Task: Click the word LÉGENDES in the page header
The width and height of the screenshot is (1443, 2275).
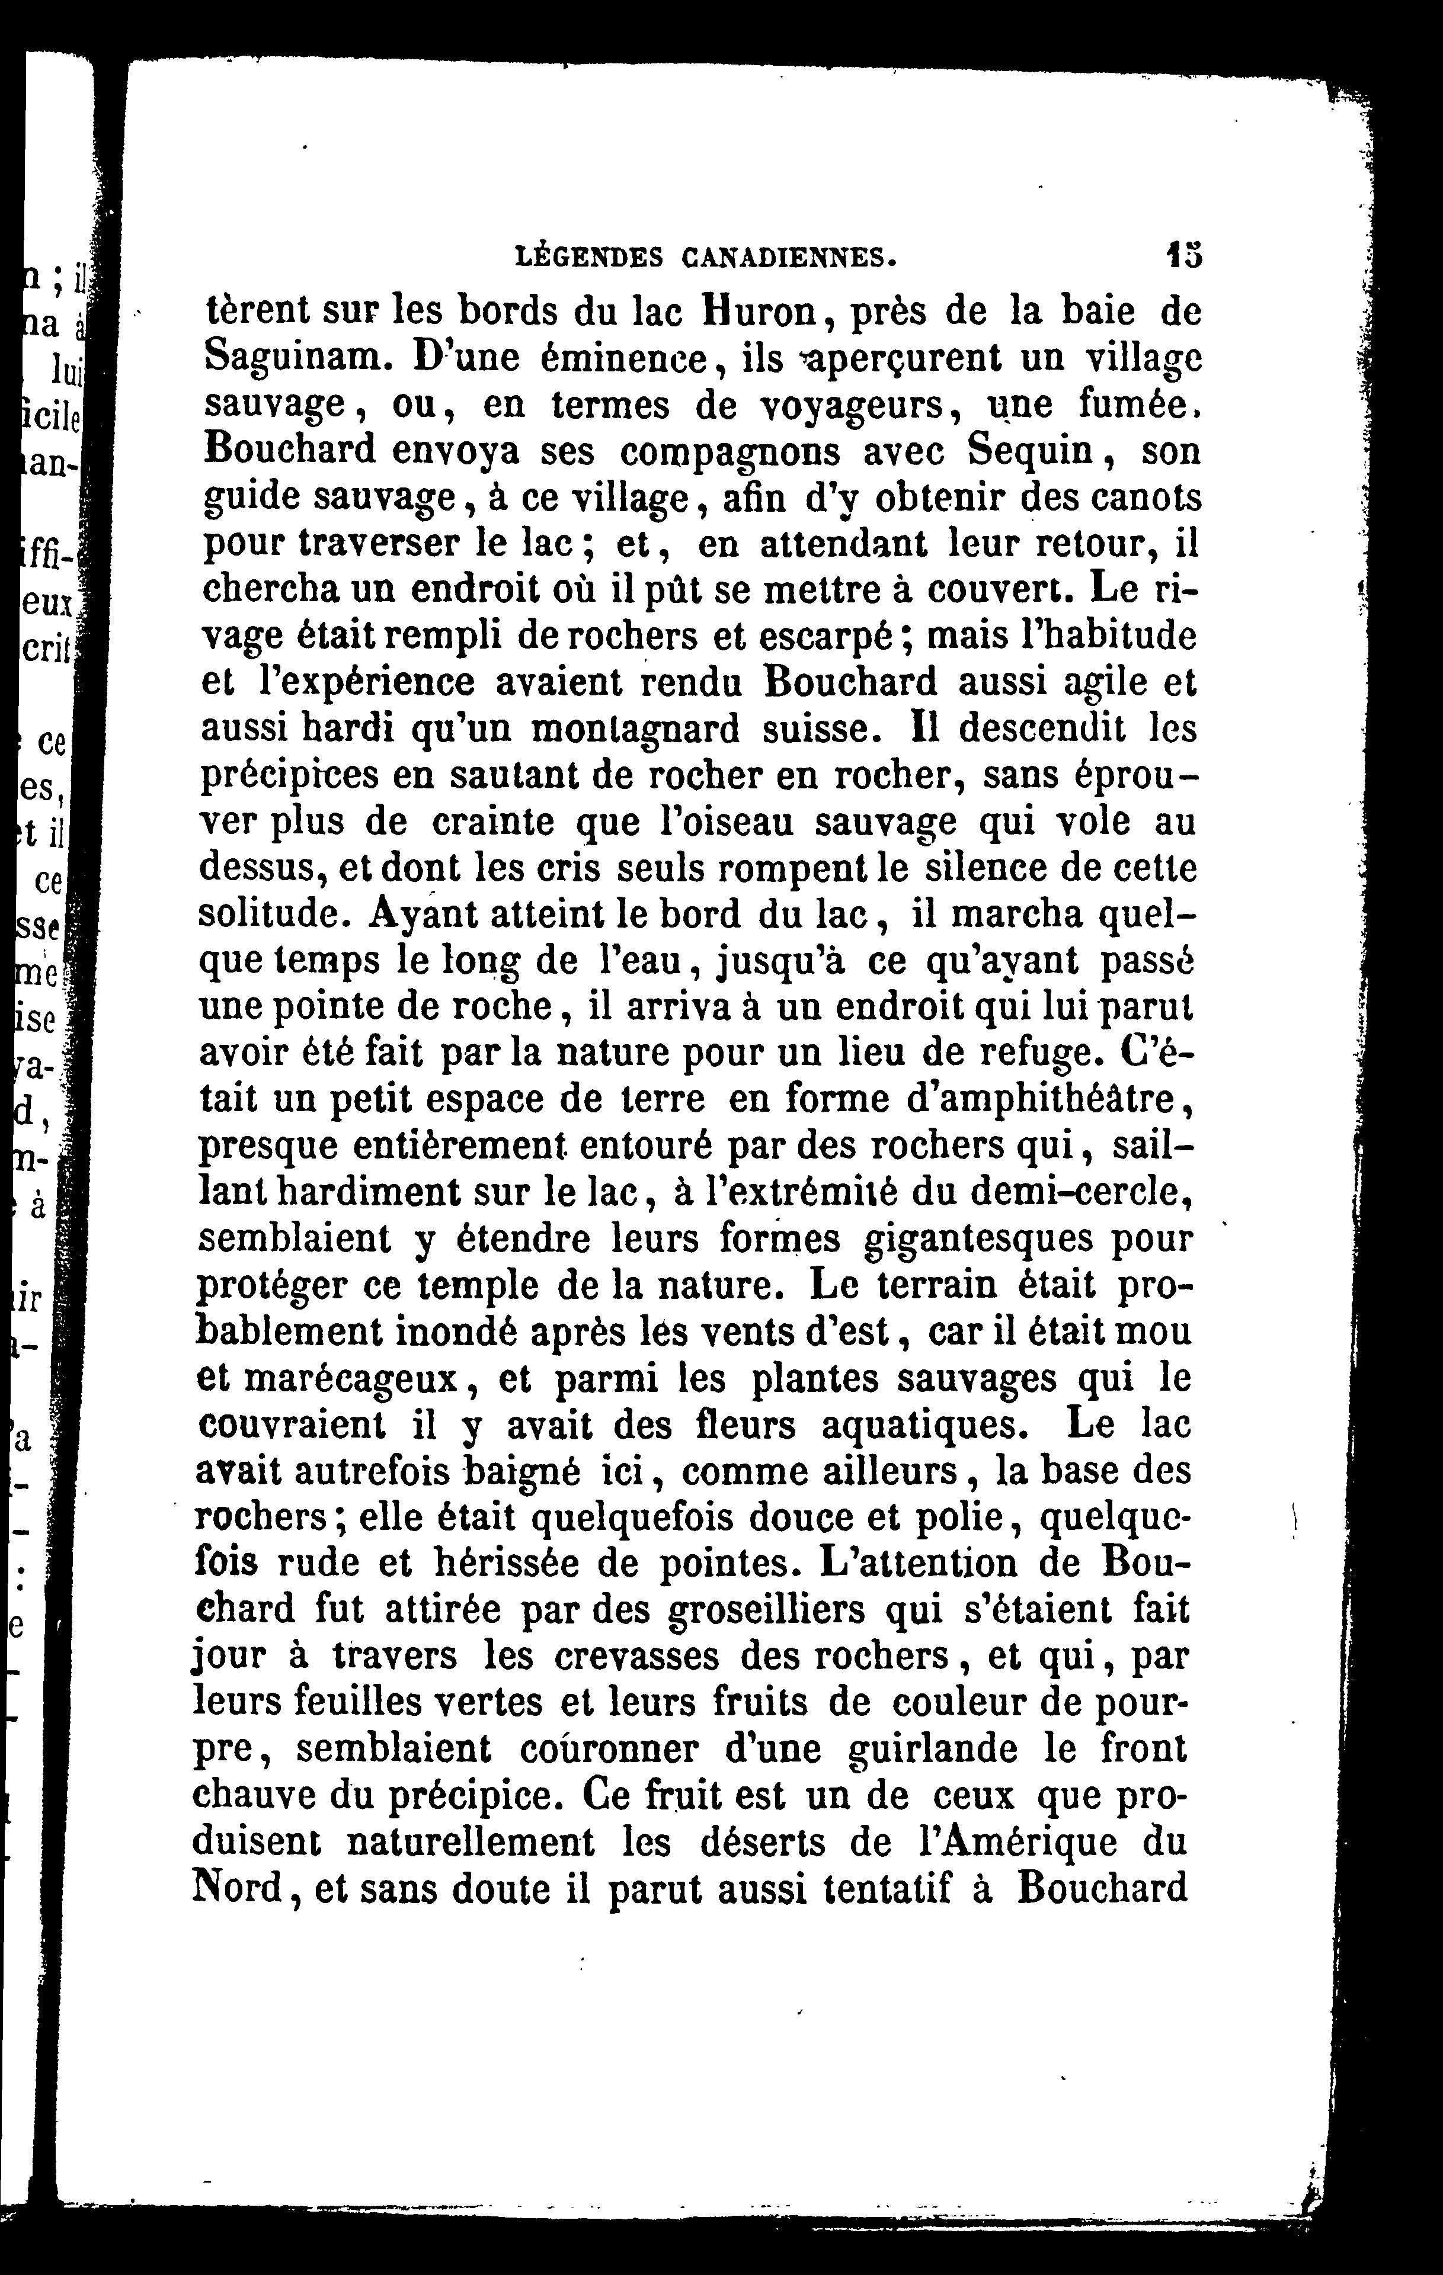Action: click(x=588, y=255)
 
